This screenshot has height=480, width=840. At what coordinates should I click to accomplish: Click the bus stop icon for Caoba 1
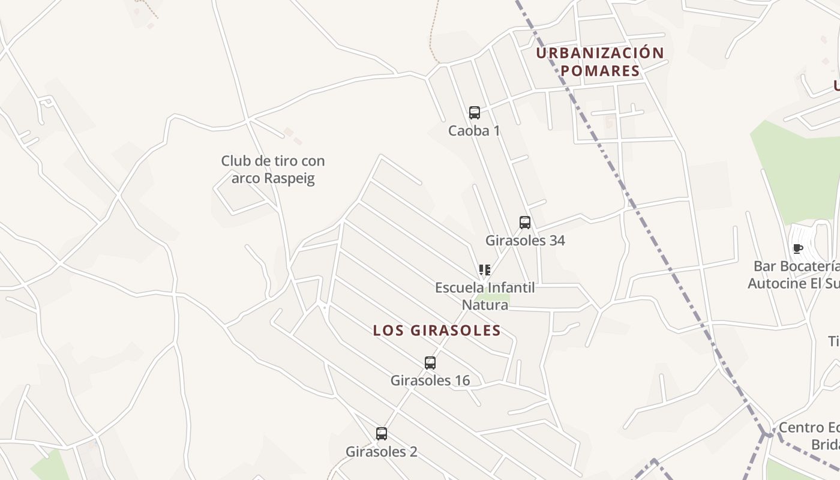click(x=474, y=112)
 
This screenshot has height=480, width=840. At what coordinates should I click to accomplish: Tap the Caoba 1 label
click(x=474, y=130)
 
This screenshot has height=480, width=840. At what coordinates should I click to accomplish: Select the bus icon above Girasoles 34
click(x=525, y=223)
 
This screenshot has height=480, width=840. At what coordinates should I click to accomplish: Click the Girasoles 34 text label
click(x=525, y=241)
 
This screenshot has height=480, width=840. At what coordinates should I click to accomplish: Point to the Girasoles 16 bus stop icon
click(x=430, y=362)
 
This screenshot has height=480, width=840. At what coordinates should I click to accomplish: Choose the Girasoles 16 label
click(x=430, y=380)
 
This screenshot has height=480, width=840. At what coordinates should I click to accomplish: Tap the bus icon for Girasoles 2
click(x=381, y=433)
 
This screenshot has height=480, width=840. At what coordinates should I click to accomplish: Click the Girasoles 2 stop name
click(x=381, y=451)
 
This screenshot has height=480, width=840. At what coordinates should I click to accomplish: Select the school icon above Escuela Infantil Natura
click(x=484, y=270)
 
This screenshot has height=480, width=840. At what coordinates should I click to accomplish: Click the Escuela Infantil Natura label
click(x=485, y=296)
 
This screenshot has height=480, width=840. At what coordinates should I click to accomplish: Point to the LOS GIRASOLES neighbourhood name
click(x=437, y=330)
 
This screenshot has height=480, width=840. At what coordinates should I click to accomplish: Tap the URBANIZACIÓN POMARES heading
click(x=600, y=62)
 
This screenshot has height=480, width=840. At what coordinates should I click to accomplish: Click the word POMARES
click(x=600, y=71)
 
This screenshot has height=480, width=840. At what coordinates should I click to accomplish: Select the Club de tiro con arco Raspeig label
click(x=273, y=169)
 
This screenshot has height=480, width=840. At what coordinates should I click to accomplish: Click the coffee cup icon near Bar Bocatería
click(x=797, y=248)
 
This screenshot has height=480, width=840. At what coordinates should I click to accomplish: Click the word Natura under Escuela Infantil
click(x=485, y=305)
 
